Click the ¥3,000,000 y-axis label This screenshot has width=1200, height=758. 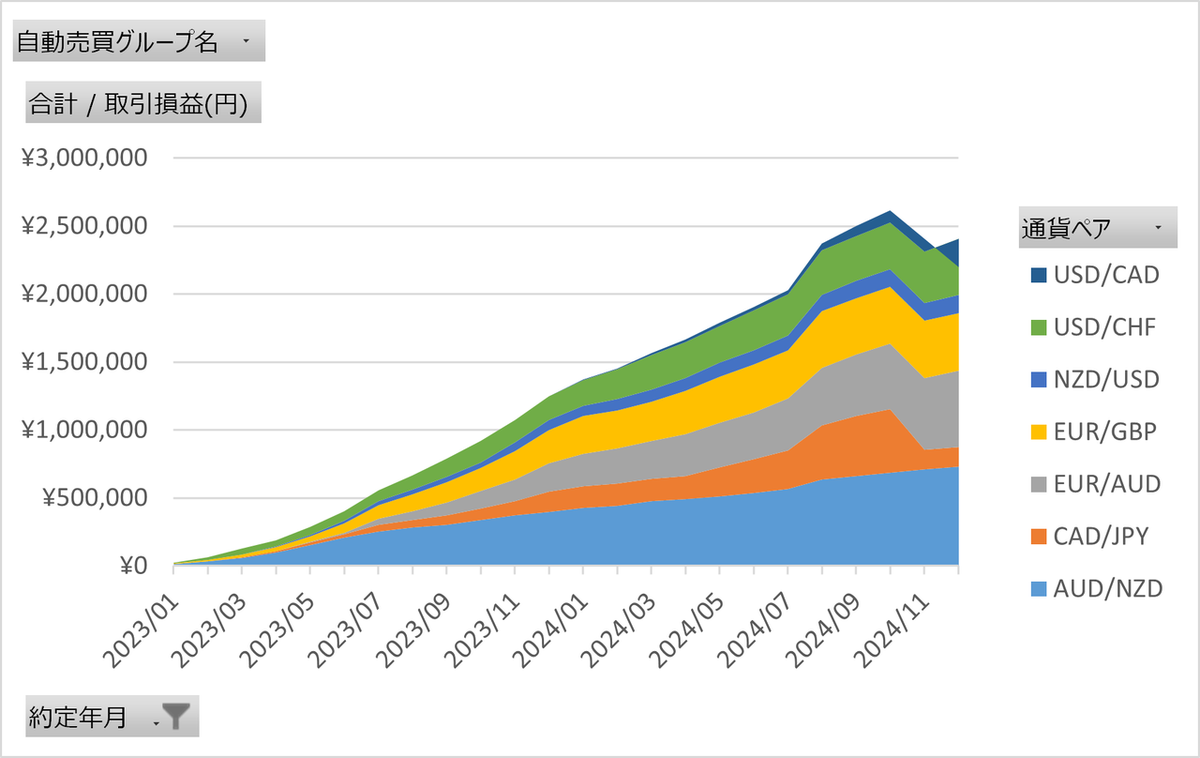pyautogui.click(x=85, y=158)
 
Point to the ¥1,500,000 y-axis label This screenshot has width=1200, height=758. pyautogui.click(x=85, y=362)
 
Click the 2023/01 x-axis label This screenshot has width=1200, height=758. pyautogui.click(x=140, y=619)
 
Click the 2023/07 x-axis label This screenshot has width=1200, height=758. pyautogui.click(x=345, y=619)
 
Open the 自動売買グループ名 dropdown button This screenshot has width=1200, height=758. pyautogui.click(x=246, y=42)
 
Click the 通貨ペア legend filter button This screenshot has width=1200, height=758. pyautogui.click(x=1158, y=228)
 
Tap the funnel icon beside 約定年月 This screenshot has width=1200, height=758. pyautogui.click(x=175, y=718)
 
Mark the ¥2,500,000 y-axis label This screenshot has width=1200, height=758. pyautogui.click(x=85, y=226)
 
